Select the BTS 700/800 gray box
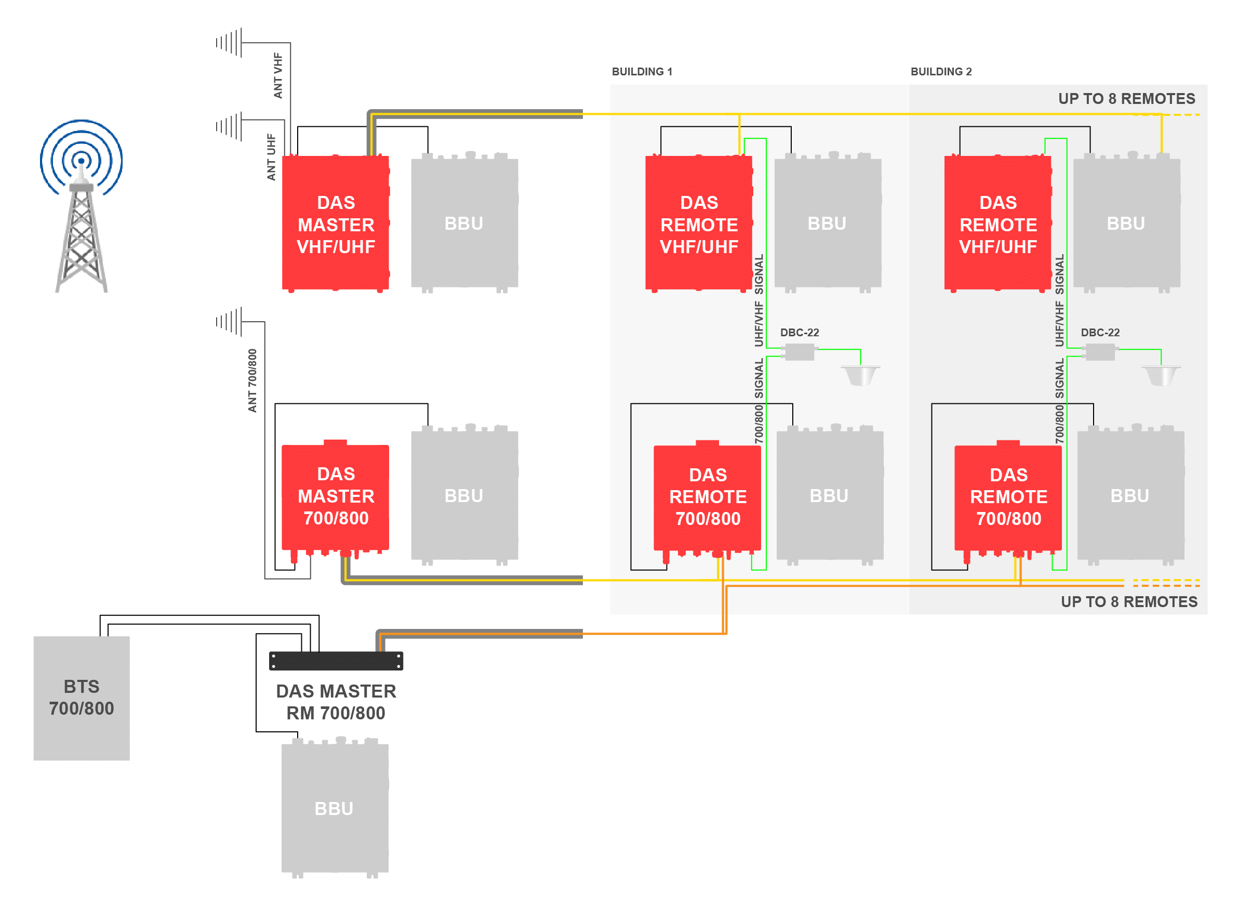(x=82, y=699)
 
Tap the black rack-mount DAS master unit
(x=336, y=661)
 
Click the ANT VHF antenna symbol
(x=229, y=43)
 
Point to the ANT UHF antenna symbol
(x=229, y=126)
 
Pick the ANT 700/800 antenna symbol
(x=229, y=322)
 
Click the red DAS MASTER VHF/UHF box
(x=336, y=224)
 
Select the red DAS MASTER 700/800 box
(x=336, y=499)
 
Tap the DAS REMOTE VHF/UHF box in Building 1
(x=699, y=224)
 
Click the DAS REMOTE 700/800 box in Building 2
(x=1008, y=500)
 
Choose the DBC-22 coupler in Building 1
(x=799, y=351)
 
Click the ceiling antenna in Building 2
(x=1161, y=376)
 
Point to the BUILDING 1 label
(x=642, y=72)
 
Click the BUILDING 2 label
(x=941, y=72)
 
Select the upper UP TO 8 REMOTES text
(x=1126, y=99)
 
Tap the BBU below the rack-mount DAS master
(x=335, y=808)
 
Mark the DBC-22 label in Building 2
(x=1100, y=333)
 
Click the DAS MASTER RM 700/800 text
(x=336, y=702)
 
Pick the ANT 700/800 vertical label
(x=252, y=380)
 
